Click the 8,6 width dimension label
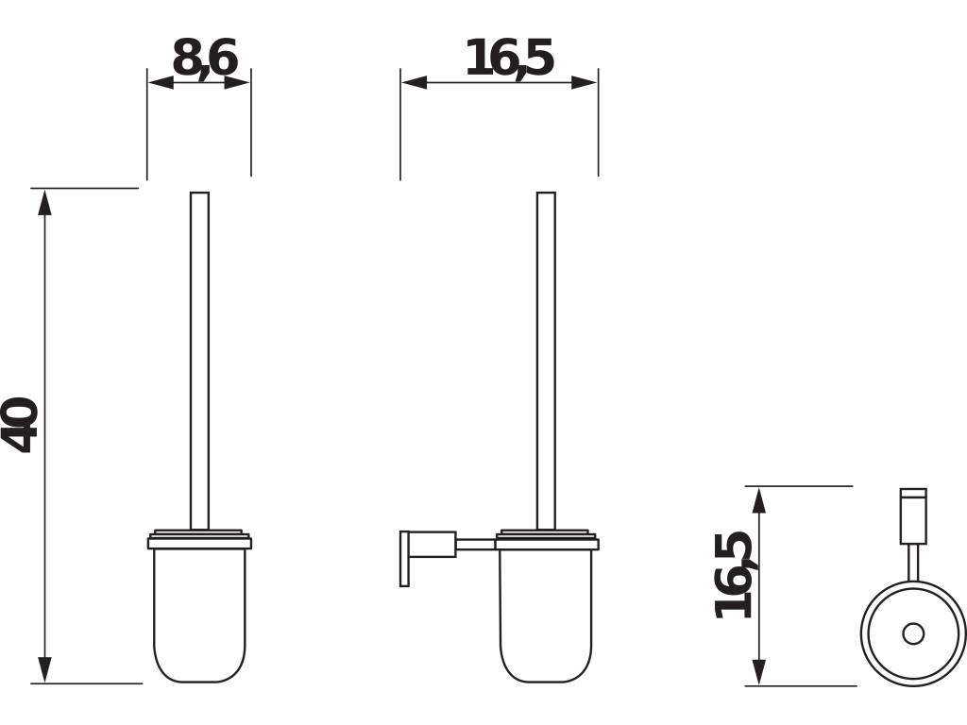point(204,59)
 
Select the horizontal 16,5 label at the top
point(508,59)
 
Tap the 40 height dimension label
point(21,425)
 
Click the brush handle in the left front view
point(199,359)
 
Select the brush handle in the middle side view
point(546,359)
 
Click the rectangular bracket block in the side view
point(432,544)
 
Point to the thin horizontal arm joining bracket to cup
point(475,544)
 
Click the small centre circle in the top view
point(913,633)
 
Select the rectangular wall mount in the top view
point(913,516)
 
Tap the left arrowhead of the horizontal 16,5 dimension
point(413,82)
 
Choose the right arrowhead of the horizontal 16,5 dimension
point(585,82)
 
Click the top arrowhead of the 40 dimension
point(44,201)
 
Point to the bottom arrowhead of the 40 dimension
point(44,670)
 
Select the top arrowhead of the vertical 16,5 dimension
point(759,499)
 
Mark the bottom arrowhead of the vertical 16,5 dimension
point(759,673)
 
